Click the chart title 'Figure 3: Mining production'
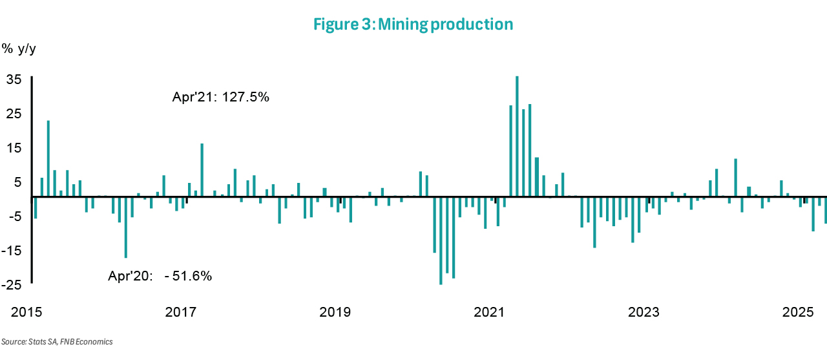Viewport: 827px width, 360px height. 413,25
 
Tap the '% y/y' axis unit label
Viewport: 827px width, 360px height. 19,49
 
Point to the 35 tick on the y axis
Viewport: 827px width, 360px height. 14,79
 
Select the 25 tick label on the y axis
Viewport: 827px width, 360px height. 14,114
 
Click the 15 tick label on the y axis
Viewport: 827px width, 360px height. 14,148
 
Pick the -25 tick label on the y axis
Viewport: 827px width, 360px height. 12,285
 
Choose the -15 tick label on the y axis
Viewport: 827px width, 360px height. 12,251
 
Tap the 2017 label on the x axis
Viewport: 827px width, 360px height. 180,313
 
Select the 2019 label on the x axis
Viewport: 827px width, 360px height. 335,313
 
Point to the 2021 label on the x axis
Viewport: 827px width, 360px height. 489,313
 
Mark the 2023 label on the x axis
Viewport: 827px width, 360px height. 644,313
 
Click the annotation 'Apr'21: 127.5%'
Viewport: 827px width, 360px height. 220,98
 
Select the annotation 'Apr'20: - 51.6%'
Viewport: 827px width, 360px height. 160,276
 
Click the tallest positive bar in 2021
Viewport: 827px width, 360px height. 517,136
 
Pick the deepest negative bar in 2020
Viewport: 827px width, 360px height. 441,240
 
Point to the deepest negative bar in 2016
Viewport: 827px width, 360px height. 126,227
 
